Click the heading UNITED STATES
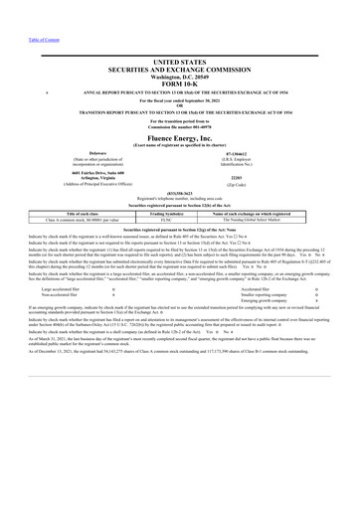point(181,63)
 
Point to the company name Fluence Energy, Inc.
point(180,138)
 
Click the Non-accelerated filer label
point(59,296)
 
